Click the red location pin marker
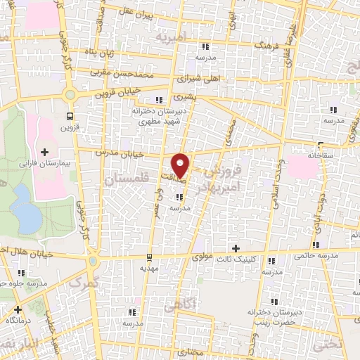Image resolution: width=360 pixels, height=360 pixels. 181,164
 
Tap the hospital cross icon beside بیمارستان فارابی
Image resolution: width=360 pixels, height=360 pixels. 44,151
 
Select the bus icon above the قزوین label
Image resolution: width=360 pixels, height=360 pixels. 70,116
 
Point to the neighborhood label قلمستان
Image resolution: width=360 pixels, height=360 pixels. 122,181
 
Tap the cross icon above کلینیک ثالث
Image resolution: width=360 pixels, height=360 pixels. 236,248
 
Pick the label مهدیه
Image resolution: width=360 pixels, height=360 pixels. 148,268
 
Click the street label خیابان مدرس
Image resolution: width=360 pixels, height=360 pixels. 132,153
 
